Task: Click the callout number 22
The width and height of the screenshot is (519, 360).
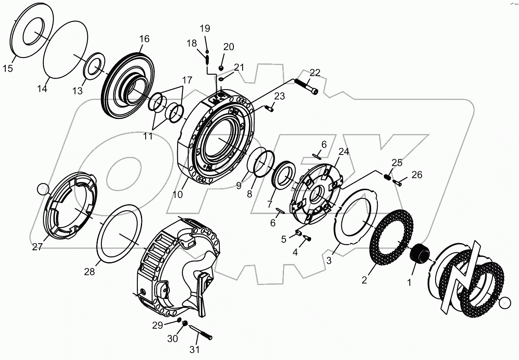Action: click(x=315, y=72)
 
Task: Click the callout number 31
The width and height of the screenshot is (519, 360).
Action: click(x=194, y=349)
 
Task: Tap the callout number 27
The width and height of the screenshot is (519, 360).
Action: click(x=37, y=247)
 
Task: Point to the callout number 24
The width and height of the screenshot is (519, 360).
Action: click(x=344, y=152)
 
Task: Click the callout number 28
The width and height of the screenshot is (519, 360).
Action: click(x=89, y=272)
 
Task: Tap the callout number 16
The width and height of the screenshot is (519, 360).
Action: click(x=144, y=39)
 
